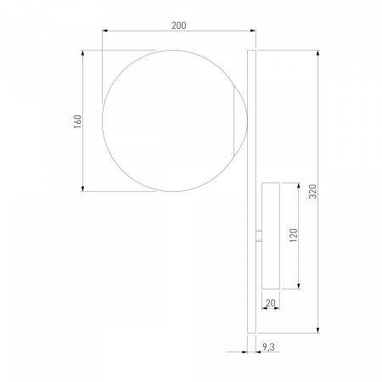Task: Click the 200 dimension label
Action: (x=179, y=25)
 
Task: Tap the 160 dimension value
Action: (x=77, y=121)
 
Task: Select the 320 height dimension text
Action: (x=312, y=191)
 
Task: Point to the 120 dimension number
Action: (x=294, y=235)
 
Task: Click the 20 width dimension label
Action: (x=271, y=303)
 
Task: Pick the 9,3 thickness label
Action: (x=268, y=346)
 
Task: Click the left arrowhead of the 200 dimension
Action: (x=105, y=31)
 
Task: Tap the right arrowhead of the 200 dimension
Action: (x=252, y=31)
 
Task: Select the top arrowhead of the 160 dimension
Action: (x=82, y=53)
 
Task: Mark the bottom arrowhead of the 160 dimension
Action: (x=82, y=188)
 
